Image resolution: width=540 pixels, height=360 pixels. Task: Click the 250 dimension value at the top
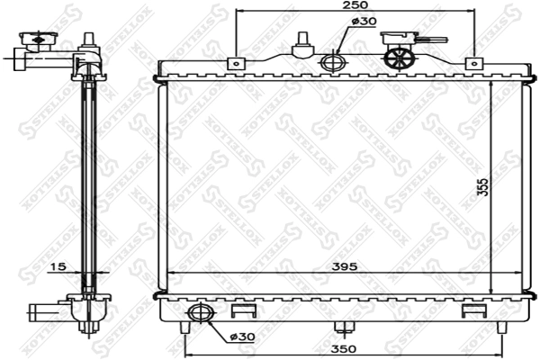point(355,4)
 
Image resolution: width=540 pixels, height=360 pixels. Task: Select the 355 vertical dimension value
point(482,187)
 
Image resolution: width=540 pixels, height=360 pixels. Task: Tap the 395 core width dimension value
point(345,266)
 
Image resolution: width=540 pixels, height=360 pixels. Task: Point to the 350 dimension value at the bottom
point(344,349)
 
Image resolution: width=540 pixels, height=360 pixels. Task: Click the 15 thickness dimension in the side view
point(58,266)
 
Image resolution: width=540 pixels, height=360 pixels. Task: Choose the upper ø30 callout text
point(364,22)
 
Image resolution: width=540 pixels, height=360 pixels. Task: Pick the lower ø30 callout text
point(242,337)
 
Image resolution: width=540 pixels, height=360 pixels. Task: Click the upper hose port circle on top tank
point(333,62)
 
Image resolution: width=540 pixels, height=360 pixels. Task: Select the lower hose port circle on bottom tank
point(201,313)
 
